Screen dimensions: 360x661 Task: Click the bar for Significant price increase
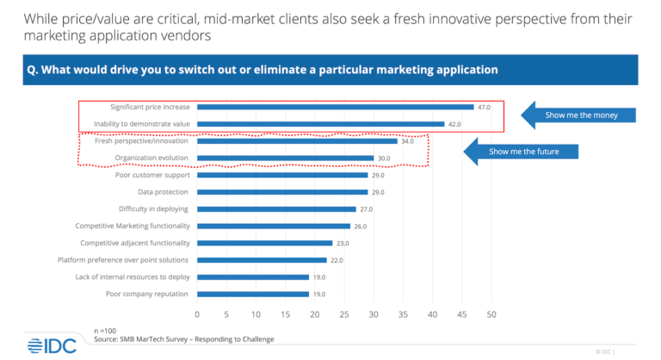(335, 107)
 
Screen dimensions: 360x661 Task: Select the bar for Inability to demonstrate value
(320, 124)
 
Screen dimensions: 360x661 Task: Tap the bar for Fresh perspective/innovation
(297, 141)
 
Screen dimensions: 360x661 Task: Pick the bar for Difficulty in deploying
(276, 208)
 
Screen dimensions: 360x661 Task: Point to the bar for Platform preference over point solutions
(262, 260)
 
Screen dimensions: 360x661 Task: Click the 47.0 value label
(484, 107)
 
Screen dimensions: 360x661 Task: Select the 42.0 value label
(454, 124)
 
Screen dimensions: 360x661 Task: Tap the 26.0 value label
(361, 226)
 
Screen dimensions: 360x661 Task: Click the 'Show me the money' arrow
(577, 115)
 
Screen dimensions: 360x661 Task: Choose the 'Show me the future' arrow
(522, 152)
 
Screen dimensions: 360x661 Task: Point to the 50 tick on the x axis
(491, 313)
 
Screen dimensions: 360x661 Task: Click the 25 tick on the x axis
(344, 313)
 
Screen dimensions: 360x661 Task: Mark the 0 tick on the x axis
(197, 313)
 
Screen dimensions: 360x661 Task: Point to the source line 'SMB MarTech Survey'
(184, 339)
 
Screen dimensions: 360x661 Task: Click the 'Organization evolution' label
(151, 158)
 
